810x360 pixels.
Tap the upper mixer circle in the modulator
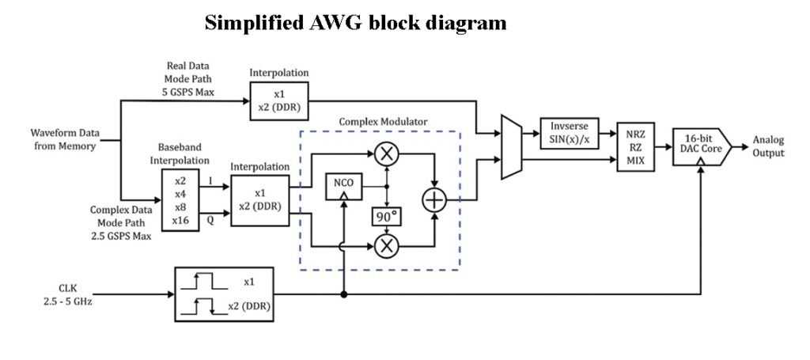387,155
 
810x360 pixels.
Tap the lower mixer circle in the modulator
387,246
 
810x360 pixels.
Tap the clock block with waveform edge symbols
224,294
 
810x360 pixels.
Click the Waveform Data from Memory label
63,139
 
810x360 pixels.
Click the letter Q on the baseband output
210,222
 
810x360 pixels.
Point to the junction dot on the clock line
343,294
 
